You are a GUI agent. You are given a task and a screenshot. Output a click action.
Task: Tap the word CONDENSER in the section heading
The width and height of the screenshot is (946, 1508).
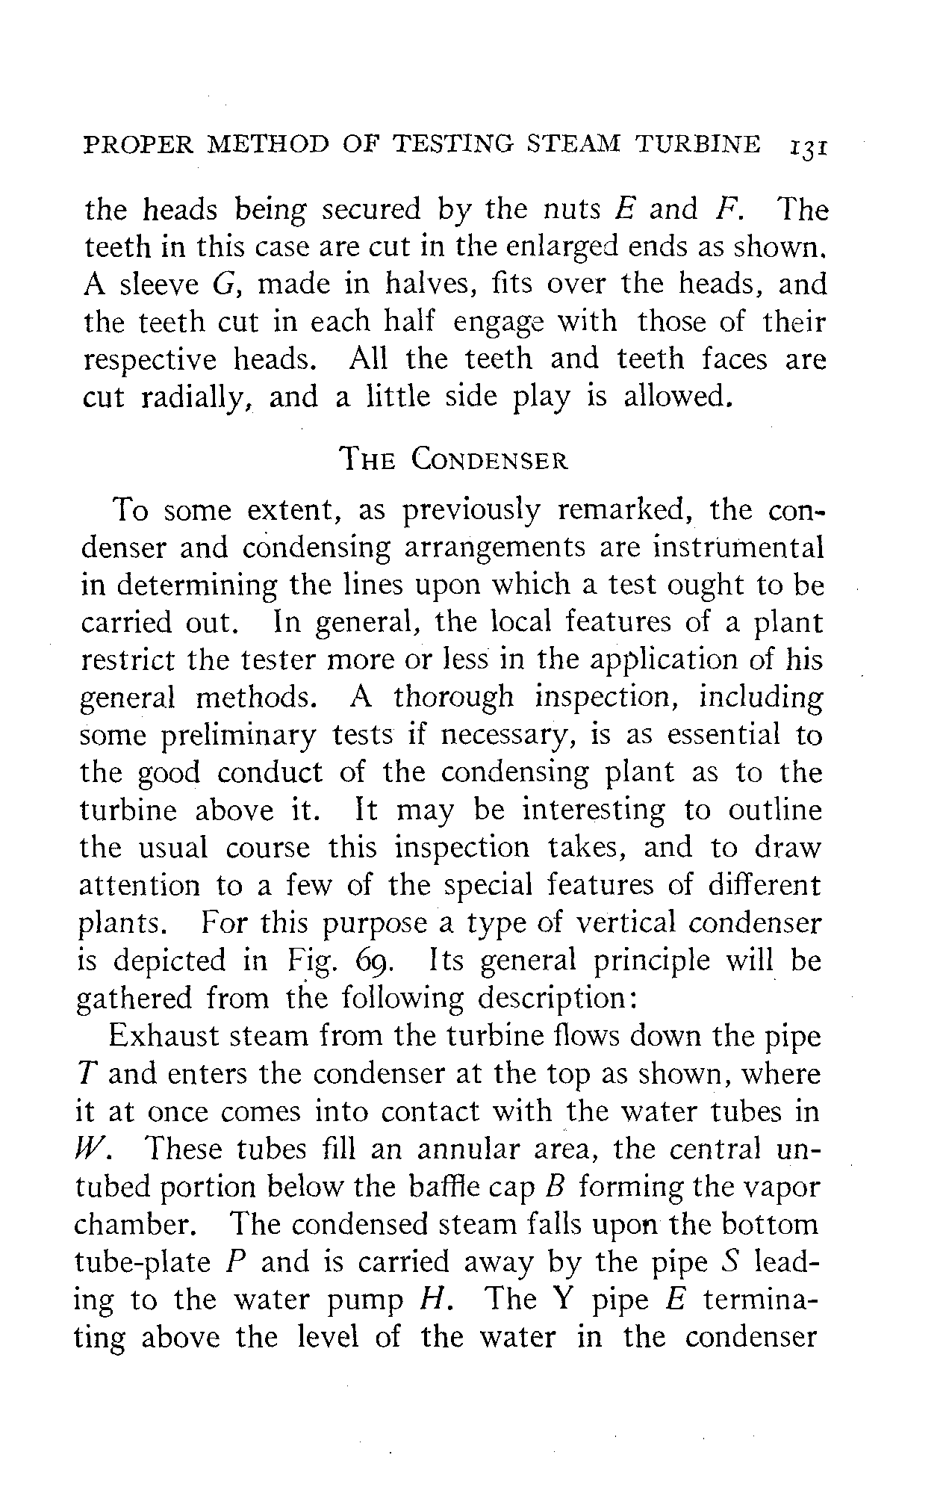pos(489,459)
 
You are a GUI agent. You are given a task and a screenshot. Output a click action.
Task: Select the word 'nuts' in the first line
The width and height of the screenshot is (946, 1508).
pos(572,209)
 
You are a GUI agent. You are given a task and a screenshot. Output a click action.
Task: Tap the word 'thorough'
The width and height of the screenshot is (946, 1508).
pos(453,698)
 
